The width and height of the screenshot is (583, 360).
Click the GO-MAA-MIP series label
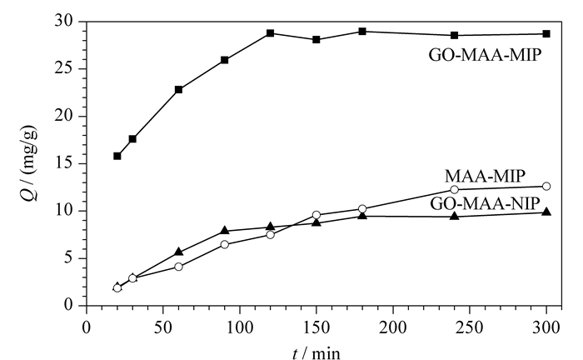pyautogui.click(x=486, y=55)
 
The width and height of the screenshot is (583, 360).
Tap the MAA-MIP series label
pyautogui.click(x=486, y=176)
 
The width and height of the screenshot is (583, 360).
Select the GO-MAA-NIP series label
pyautogui.click(x=485, y=204)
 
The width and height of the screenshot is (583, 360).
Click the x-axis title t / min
pyautogui.click(x=316, y=353)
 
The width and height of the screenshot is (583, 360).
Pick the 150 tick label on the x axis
pyautogui.click(x=316, y=327)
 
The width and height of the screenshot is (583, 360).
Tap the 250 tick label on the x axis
pyautogui.click(x=469, y=327)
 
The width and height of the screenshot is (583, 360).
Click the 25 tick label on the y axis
pyautogui.click(x=63, y=69)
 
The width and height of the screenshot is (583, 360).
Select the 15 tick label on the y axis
pyautogui.click(x=63, y=163)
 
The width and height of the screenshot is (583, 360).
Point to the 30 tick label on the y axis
pyautogui.click(x=63, y=22)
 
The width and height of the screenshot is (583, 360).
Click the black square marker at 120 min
pyautogui.click(x=271, y=33)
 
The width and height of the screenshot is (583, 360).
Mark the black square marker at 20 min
pyautogui.click(x=117, y=156)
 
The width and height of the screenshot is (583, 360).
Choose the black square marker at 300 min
pyautogui.click(x=546, y=34)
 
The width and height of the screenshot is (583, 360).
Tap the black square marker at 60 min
pyautogui.click(x=178, y=90)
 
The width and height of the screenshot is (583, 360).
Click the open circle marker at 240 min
pyautogui.click(x=455, y=189)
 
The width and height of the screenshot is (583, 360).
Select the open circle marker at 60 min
pyautogui.click(x=178, y=267)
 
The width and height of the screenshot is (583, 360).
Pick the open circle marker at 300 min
pyautogui.click(x=546, y=187)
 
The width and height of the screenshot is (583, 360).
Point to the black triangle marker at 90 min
pyautogui.click(x=225, y=231)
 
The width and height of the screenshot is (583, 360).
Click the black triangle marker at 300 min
pyautogui.click(x=546, y=212)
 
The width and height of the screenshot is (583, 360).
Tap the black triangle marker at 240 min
pyautogui.click(x=455, y=216)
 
